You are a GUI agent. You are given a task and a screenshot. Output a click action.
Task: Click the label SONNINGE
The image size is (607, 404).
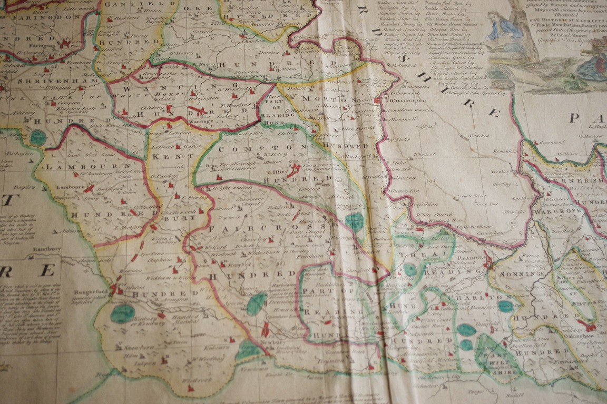[518, 275]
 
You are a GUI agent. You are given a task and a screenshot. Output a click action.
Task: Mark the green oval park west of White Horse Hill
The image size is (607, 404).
[37, 137]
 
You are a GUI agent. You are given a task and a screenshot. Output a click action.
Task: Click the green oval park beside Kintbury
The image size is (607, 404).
[122, 314]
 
